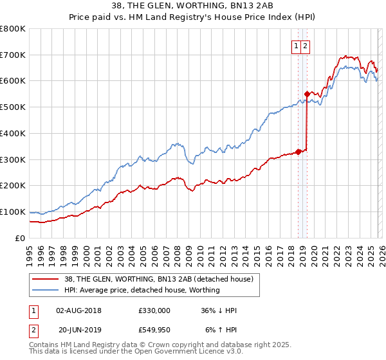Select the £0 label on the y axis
tap(21, 238)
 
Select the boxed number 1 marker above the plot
tap(296, 46)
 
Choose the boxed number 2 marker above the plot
tap(305, 46)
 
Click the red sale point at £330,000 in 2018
tap(298, 152)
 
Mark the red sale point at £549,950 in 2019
tap(308, 94)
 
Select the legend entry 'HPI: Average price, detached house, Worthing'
tap(142, 290)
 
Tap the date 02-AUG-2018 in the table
tap(78, 310)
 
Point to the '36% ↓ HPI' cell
tap(218, 310)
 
